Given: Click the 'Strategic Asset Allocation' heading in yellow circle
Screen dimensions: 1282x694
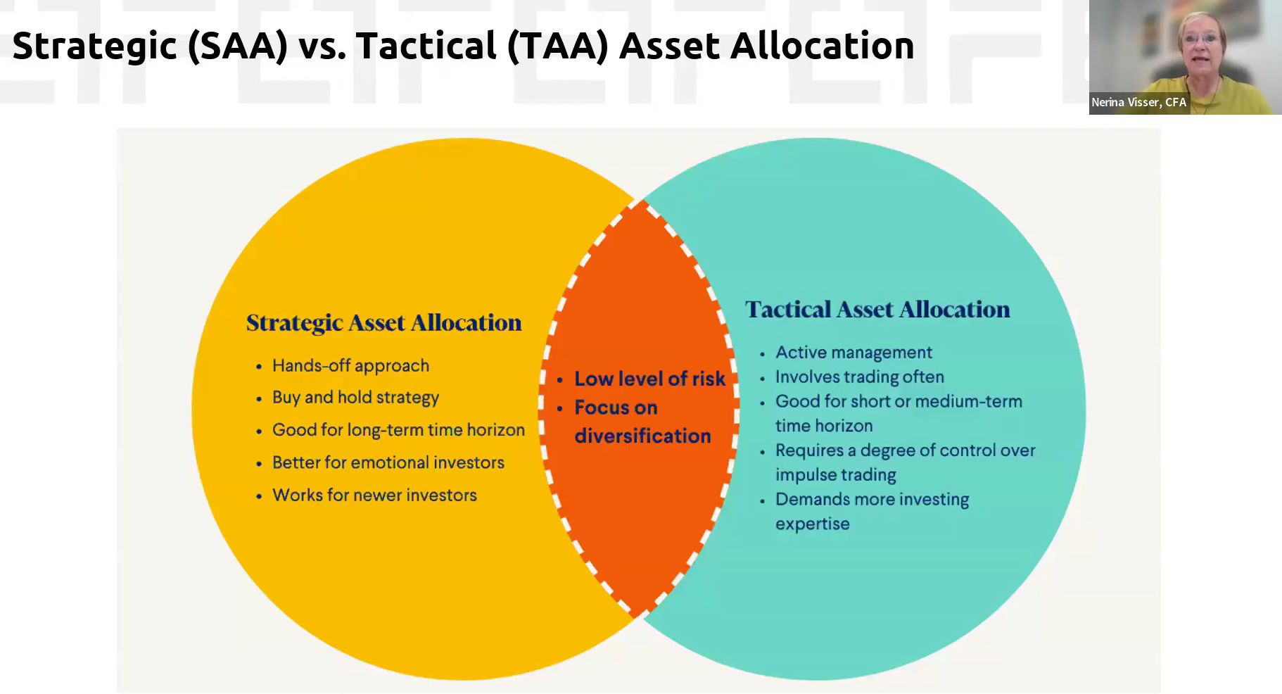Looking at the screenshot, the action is (383, 323).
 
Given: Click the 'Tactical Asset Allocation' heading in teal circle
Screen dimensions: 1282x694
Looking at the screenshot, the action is (877, 310).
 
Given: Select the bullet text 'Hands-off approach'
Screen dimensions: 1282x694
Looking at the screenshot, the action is (350, 366).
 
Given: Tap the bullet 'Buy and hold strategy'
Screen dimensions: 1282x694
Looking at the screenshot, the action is (355, 398).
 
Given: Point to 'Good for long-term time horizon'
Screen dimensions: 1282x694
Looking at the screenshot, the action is (398, 430).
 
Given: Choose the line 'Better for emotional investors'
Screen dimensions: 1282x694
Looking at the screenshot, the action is (388, 462).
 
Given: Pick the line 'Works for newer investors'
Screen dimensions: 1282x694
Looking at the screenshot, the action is (374, 495).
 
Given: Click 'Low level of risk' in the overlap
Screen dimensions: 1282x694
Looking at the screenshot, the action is (649, 379).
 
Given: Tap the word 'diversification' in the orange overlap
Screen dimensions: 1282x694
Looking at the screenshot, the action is (642, 436).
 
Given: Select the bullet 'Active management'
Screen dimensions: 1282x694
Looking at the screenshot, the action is (853, 353).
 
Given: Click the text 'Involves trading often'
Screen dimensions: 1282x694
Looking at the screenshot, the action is (860, 377).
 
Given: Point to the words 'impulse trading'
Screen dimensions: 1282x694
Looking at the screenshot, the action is (836, 475).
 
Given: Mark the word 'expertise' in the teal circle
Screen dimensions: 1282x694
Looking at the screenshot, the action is (813, 524).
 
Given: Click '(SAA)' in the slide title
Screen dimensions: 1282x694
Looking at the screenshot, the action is (238, 46).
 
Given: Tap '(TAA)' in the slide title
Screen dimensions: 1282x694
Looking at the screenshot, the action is (557, 46).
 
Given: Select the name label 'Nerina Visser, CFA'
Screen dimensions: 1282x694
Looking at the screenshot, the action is (1138, 103).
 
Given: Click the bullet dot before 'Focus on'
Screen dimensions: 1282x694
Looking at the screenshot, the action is (560, 408).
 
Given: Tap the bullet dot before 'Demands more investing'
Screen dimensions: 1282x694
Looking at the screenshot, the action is (762, 500).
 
